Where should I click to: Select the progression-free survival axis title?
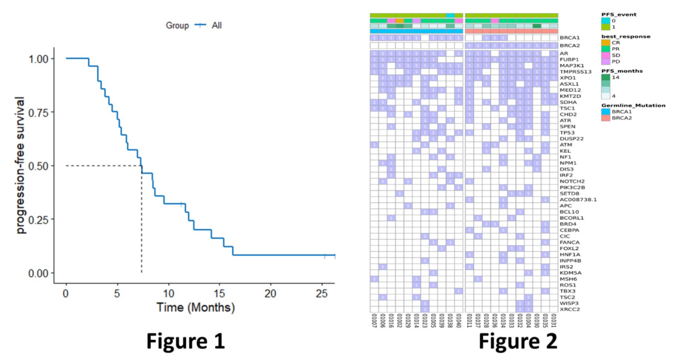pyautogui.click(x=22, y=165)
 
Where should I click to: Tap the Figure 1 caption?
pyautogui.click(x=185, y=341)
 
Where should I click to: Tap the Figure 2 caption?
pyautogui.click(x=517, y=341)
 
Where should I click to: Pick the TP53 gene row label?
pyautogui.click(x=568, y=133)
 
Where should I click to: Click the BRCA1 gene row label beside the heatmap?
pyautogui.click(x=569, y=38)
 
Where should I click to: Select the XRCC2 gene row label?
pyautogui.click(x=569, y=308)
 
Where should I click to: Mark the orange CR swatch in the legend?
pyautogui.click(x=606, y=43)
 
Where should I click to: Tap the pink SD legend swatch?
pyautogui.click(x=606, y=55)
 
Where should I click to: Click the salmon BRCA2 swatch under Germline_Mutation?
pyautogui.click(x=606, y=118)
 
